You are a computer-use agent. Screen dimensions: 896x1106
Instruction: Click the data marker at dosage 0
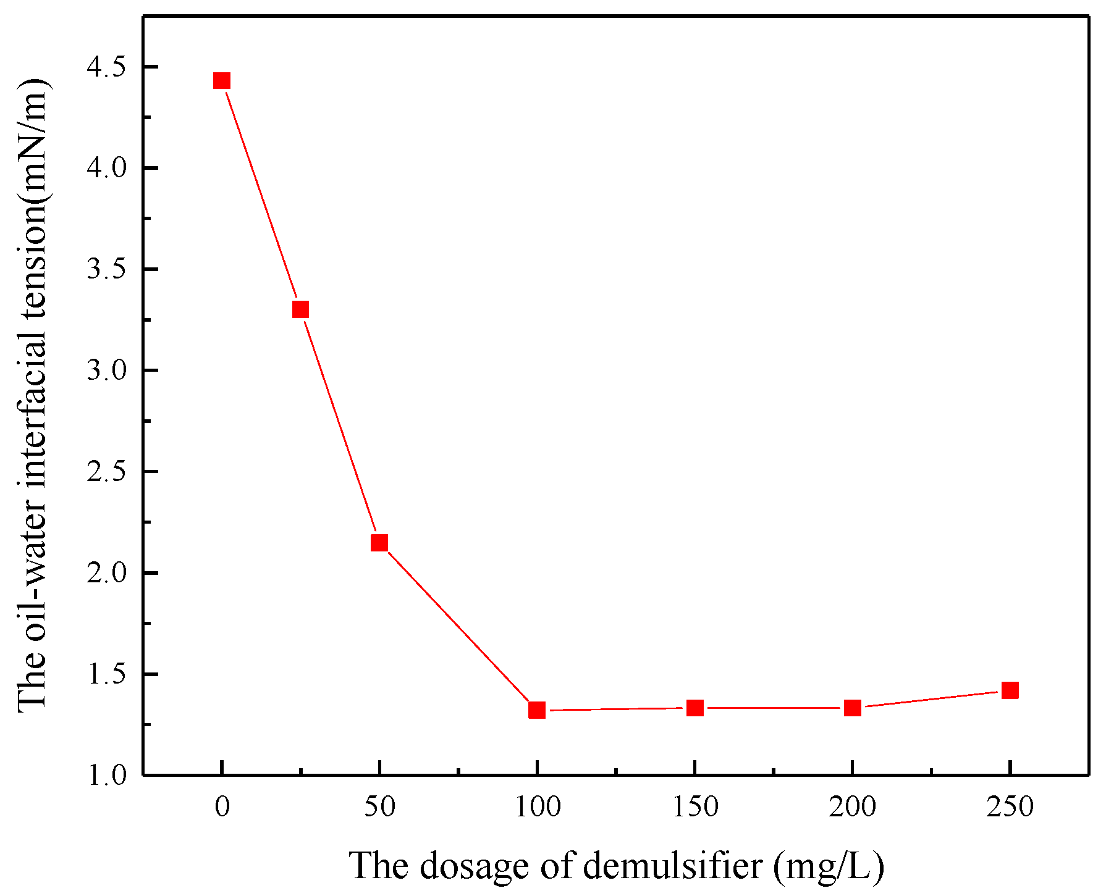point(222,81)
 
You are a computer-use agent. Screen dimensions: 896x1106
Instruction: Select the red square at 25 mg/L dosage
point(300,309)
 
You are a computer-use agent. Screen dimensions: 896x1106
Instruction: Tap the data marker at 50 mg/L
point(379,543)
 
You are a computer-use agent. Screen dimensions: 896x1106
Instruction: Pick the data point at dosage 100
point(537,710)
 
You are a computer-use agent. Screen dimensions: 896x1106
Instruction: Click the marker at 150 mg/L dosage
point(695,708)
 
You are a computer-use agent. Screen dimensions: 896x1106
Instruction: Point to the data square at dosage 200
point(853,708)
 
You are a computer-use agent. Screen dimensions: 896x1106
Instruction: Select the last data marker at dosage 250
point(1010,690)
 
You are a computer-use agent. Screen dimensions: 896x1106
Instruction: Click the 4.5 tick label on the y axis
point(106,67)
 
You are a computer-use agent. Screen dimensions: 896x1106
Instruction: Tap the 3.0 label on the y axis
point(106,371)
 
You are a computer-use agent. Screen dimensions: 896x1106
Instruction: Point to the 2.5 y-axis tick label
point(106,472)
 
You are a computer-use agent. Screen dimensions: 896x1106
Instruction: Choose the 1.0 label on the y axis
point(106,776)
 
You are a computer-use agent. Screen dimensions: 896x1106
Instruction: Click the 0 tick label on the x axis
point(222,807)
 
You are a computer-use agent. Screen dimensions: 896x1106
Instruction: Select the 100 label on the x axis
point(538,807)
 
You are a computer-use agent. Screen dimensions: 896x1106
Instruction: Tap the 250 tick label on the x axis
point(1010,807)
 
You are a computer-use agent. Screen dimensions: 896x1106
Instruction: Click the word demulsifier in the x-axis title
point(672,866)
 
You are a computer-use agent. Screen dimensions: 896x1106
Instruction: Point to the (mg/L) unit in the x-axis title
point(828,866)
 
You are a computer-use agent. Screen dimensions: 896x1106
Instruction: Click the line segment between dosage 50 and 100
point(458,626)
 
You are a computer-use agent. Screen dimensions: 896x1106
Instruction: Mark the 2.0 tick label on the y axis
point(106,573)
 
